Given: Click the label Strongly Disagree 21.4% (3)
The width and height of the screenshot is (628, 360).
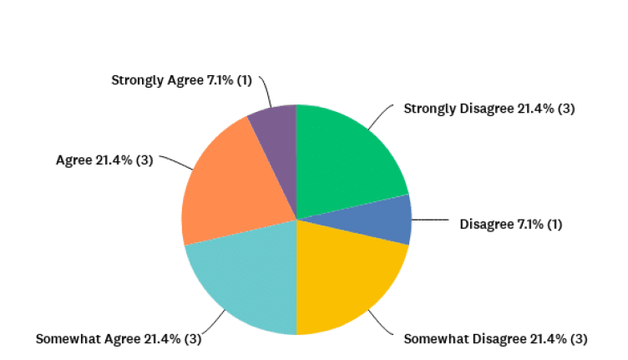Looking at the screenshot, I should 489,109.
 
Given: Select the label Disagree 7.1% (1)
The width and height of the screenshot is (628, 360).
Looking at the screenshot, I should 511,224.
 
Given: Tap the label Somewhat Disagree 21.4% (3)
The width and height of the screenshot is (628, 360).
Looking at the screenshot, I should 495,338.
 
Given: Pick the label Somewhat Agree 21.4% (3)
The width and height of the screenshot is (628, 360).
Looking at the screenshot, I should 118,338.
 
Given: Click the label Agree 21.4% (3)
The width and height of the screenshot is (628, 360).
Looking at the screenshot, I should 104,159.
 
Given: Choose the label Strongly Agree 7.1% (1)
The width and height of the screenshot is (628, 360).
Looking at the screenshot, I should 181,80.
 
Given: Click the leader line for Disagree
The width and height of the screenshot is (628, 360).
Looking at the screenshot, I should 430,221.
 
